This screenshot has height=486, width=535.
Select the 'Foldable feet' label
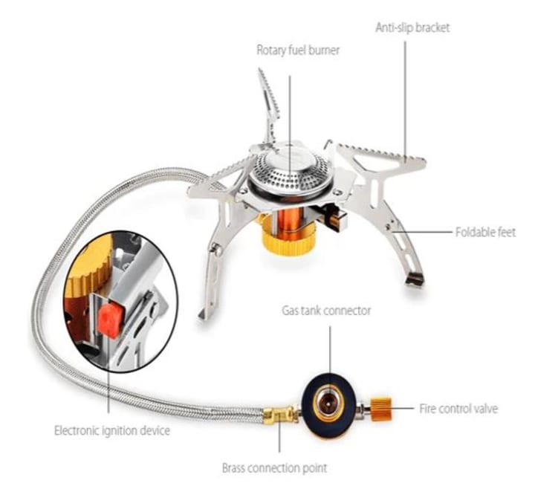pyautogui.click(x=484, y=233)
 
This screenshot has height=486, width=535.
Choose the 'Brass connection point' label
pyautogui.click(x=274, y=469)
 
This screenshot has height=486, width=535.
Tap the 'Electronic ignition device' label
pyautogui.click(x=112, y=430)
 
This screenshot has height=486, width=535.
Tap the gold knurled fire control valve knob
pyautogui.click(x=381, y=409)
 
